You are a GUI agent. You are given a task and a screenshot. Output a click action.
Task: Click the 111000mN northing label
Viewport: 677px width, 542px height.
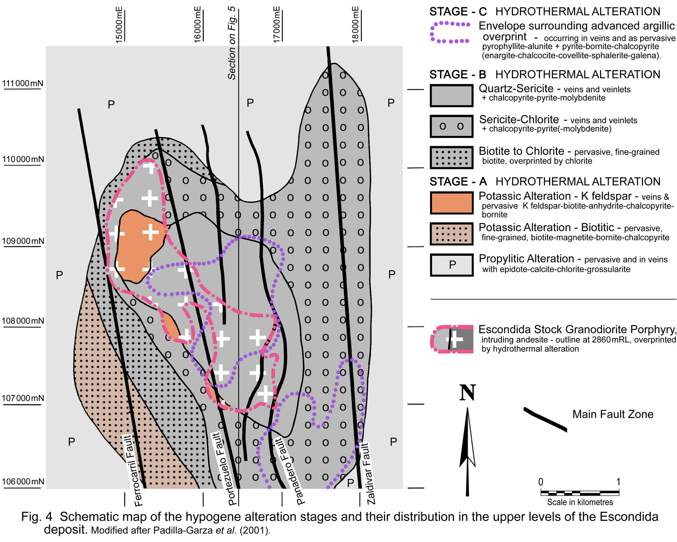pos(22,83)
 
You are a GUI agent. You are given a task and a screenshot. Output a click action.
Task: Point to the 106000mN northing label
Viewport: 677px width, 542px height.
pos(23,481)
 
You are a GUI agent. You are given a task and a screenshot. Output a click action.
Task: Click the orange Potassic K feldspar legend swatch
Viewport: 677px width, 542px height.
pos(451,203)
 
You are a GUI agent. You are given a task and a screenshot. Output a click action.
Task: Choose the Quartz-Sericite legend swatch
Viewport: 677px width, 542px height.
pos(451,95)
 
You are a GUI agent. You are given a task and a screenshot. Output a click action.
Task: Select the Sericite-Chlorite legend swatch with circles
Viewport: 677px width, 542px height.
pos(451,126)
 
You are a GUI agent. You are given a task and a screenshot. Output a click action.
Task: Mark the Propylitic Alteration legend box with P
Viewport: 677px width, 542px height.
pos(451,265)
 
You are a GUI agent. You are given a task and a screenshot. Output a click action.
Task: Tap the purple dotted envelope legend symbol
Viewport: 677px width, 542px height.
pos(450,33)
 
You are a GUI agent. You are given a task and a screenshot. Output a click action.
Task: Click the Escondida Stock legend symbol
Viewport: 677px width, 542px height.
pos(452,339)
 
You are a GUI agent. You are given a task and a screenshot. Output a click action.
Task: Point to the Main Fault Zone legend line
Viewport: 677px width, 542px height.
pos(545,419)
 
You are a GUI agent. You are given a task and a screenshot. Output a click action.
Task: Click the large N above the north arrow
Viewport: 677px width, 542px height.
pos(468,393)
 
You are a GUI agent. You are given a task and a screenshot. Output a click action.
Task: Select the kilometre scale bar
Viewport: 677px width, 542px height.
pos(580,493)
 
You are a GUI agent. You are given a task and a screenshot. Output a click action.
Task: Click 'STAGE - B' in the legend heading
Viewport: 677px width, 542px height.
pos(458,75)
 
